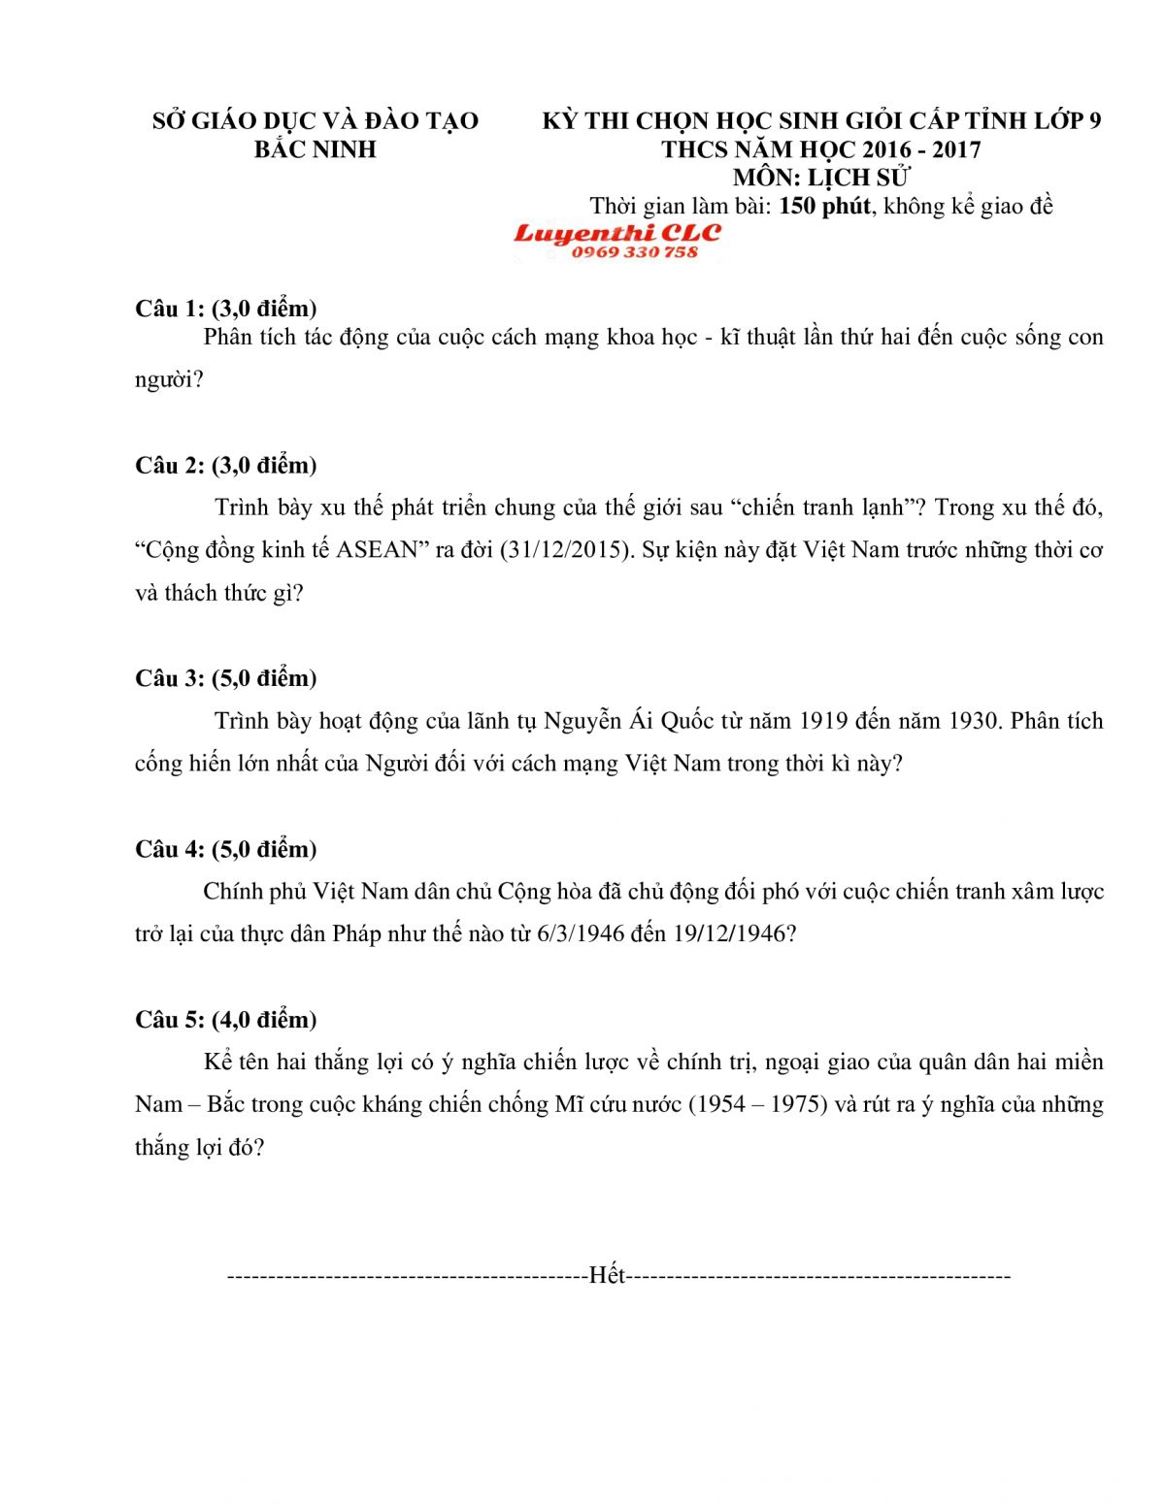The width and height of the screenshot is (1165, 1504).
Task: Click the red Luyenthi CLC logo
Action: click(617, 234)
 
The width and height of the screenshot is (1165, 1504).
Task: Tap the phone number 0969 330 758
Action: click(634, 252)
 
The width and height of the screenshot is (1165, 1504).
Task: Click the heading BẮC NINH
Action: click(315, 149)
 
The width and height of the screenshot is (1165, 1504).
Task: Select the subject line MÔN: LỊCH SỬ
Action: click(821, 178)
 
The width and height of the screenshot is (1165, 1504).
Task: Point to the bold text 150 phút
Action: click(824, 206)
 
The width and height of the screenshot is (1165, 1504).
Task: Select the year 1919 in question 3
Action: click(825, 721)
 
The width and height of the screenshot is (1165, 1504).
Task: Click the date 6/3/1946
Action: click(580, 934)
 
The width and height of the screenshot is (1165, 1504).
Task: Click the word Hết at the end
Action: click(607, 1275)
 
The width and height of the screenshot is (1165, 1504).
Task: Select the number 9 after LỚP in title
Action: click(1095, 121)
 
